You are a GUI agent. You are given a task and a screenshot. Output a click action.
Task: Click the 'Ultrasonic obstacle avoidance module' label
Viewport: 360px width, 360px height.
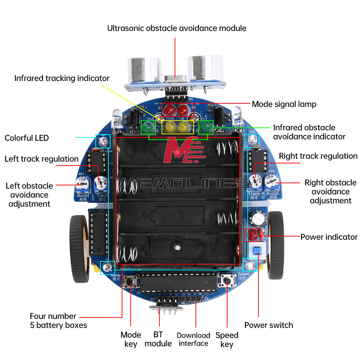177,28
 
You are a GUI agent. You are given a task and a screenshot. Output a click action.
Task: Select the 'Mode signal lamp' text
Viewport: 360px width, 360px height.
284,104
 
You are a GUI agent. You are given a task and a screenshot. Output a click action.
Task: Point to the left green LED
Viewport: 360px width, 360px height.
147,127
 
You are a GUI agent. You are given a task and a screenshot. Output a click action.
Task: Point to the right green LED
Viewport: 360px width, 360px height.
206,127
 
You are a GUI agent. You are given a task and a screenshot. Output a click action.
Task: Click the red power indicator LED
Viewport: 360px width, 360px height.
253,235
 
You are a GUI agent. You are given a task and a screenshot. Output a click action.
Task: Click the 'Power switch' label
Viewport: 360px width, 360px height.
269,325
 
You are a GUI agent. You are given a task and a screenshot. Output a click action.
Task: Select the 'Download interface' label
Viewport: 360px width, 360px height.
193,339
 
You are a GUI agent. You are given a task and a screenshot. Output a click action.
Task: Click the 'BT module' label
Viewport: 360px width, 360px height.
158,339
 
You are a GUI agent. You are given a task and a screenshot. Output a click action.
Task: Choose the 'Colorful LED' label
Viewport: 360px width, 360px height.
27,138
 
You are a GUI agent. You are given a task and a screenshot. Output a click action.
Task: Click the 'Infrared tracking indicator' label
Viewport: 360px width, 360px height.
62,78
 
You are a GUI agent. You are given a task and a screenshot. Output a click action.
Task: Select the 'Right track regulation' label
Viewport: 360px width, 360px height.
318,156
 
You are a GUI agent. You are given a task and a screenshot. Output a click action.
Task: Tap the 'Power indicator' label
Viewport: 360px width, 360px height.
329,237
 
